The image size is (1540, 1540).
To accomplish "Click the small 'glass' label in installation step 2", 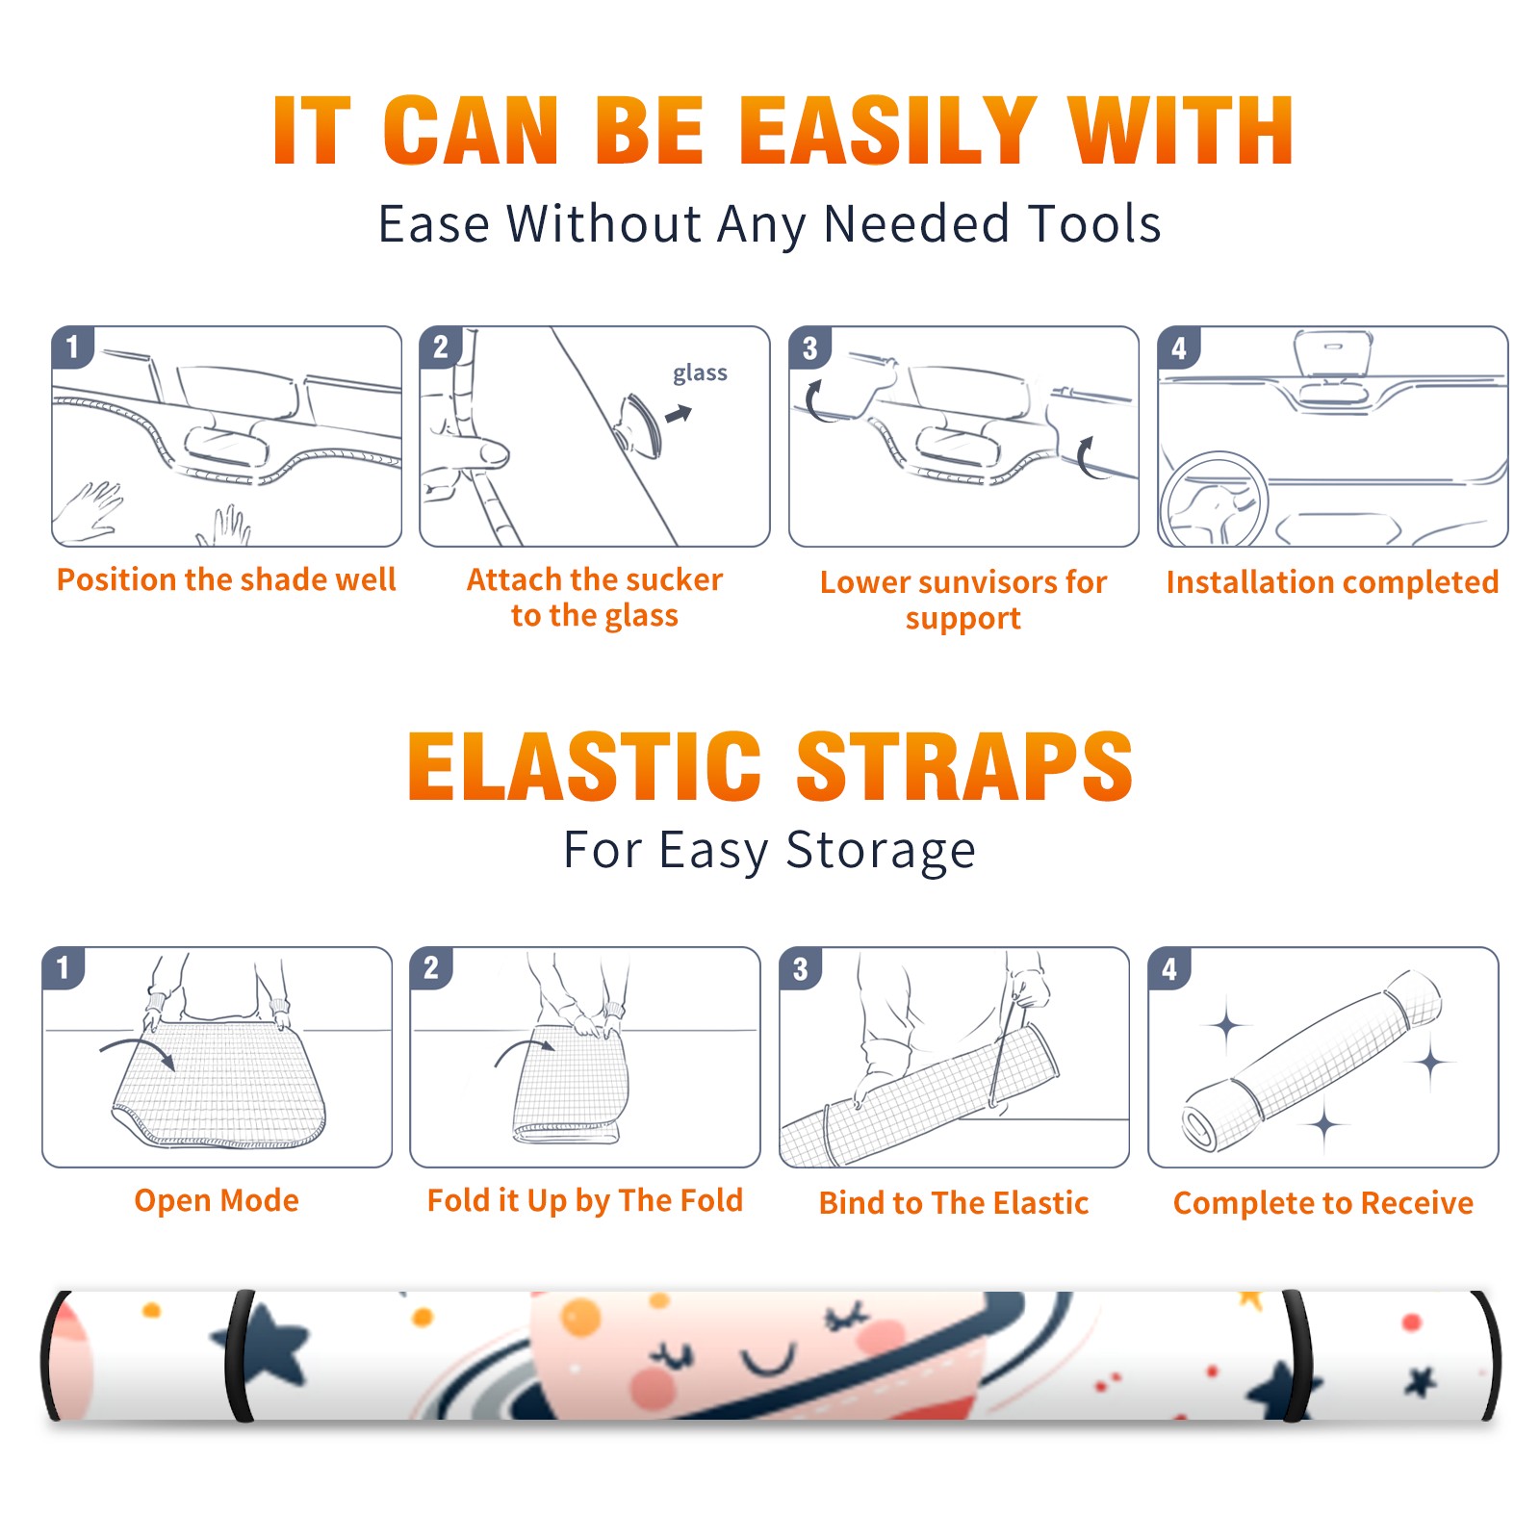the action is (x=700, y=373).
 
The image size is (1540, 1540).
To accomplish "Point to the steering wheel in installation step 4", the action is (x=1214, y=500).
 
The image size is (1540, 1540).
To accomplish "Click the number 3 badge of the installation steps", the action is (x=809, y=348).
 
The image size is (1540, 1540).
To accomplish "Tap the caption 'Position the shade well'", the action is (x=226, y=579).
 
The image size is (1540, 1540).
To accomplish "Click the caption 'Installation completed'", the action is (x=1332, y=581).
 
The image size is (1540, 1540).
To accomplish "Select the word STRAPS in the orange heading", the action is (x=964, y=766).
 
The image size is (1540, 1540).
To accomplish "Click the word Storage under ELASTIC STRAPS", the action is (x=881, y=851).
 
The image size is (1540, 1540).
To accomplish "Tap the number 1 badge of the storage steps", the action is (x=64, y=968).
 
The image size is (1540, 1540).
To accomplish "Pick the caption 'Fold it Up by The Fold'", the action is (x=585, y=1200).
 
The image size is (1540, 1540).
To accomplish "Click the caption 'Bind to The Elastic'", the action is (x=953, y=1203).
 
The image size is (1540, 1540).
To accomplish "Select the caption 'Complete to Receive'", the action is (x=1323, y=1203).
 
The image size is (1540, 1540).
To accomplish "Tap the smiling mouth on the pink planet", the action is (x=768, y=1360).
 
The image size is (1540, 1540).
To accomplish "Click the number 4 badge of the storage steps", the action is (x=1169, y=968).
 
